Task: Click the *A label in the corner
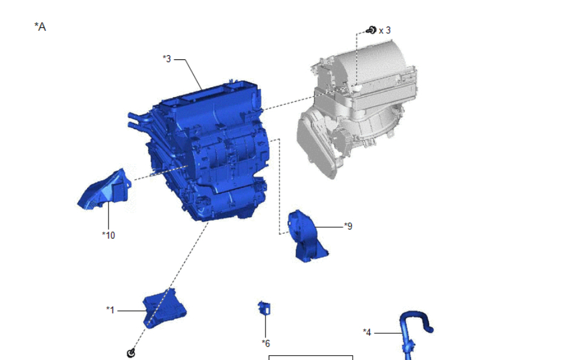pyautogui.click(x=40, y=27)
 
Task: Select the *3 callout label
pyautogui.click(x=167, y=59)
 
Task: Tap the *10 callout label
pyautogui.click(x=108, y=235)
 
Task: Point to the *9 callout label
pyautogui.click(x=348, y=226)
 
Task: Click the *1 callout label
pyautogui.click(x=110, y=310)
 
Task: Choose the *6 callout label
pyautogui.click(x=266, y=344)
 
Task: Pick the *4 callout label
pyautogui.click(x=367, y=332)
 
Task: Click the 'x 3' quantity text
pyautogui.click(x=384, y=30)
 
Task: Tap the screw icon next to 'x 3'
pyautogui.click(x=372, y=30)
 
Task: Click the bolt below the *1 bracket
pyautogui.click(x=131, y=353)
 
